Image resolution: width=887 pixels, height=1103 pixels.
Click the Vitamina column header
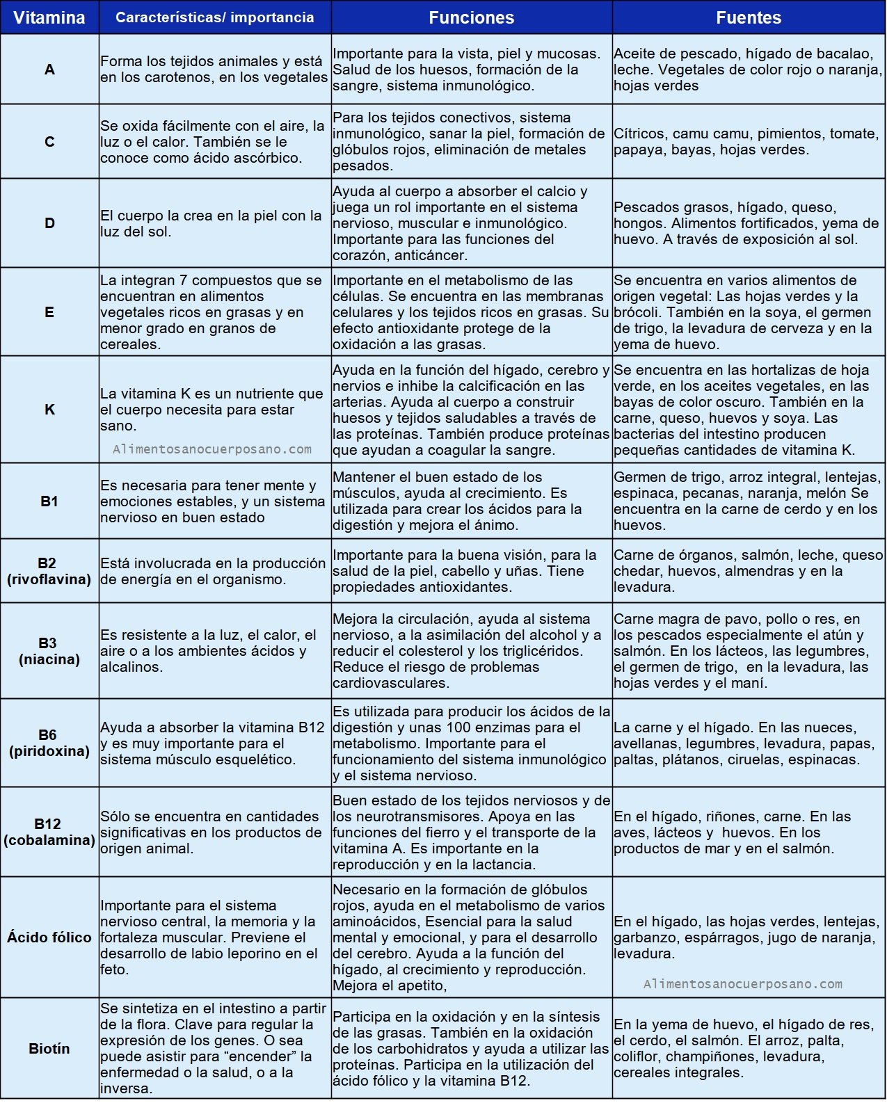click(49, 17)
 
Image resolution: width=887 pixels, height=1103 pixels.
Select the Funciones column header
click(471, 17)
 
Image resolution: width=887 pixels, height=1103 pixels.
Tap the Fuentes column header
click(749, 17)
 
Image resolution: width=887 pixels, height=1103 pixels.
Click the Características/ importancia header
click(214, 17)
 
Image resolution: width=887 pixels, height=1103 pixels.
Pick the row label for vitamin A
click(49, 70)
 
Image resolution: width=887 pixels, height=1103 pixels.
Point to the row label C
click(49, 142)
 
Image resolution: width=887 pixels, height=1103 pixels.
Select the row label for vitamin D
click(49, 223)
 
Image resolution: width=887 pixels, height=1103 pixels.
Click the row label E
click(49, 312)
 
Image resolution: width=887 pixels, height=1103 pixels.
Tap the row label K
click(49, 410)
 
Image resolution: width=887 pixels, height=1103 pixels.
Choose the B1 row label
click(49, 501)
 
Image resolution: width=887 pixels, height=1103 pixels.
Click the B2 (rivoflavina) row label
click(49, 571)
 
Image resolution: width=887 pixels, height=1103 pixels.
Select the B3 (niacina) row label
click(49, 651)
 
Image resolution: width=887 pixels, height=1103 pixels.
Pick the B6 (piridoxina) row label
click(49, 743)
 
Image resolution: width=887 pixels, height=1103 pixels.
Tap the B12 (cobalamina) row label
click(49, 832)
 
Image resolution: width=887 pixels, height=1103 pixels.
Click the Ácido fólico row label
click(49, 937)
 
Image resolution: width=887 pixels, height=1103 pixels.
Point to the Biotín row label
click(49, 1049)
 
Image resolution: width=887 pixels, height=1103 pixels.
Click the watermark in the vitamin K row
click(212, 449)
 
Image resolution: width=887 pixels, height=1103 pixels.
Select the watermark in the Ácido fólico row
click(742, 984)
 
